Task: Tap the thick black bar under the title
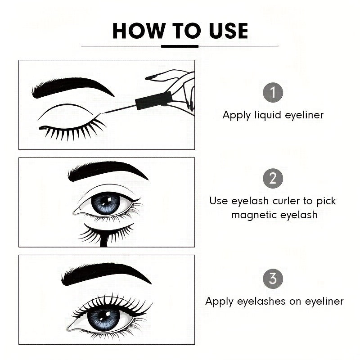[x=180, y=46]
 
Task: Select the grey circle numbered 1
[x=273, y=93]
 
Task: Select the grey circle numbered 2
[x=273, y=179]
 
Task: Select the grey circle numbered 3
[x=273, y=279]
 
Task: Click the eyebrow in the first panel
[x=72, y=86]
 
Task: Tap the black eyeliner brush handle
[x=154, y=101]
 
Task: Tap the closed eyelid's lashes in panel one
[x=72, y=131]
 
